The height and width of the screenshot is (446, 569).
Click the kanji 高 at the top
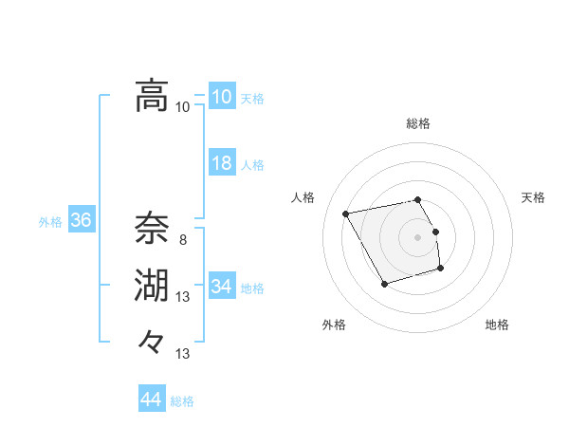(x=152, y=96)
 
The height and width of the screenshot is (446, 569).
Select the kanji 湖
(x=152, y=286)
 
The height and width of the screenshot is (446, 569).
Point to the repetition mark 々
(x=152, y=341)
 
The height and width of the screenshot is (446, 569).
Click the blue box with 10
(x=221, y=97)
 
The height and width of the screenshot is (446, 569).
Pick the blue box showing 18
(x=221, y=163)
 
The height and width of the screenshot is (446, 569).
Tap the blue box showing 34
(x=221, y=286)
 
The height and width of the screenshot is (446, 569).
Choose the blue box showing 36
(x=81, y=221)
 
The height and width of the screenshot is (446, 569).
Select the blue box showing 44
(x=151, y=400)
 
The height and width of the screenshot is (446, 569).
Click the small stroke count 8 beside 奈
(x=182, y=241)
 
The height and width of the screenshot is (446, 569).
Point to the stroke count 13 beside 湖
(x=182, y=298)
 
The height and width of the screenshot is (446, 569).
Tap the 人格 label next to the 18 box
(x=252, y=165)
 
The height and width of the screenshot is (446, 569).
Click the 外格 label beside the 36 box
(x=50, y=222)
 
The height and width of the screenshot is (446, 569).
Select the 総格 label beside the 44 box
(x=182, y=401)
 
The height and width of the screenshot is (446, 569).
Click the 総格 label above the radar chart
(x=418, y=123)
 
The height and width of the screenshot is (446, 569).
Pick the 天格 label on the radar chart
(x=534, y=197)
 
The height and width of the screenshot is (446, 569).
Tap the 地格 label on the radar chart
(x=497, y=325)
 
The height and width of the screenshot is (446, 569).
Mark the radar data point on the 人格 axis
(x=346, y=214)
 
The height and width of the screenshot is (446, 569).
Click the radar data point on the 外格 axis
(x=384, y=284)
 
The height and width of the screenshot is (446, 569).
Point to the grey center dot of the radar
(x=418, y=237)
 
